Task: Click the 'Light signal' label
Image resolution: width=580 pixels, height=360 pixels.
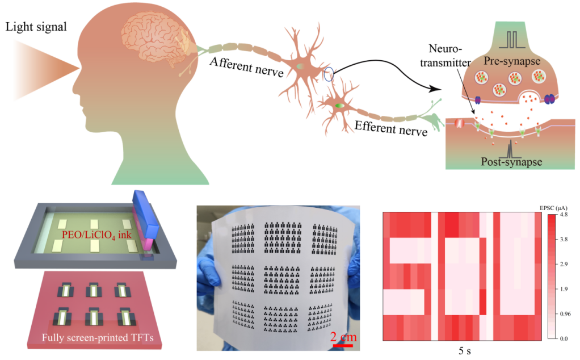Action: (x=36, y=27)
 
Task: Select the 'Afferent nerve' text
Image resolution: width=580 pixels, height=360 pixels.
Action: (x=247, y=67)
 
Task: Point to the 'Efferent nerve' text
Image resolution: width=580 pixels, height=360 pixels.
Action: (x=391, y=128)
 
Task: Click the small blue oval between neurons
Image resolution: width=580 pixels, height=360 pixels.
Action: (x=329, y=74)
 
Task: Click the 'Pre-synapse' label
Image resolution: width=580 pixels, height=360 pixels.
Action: (x=512, y=61)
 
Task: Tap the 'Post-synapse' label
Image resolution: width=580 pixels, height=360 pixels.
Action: (x=511, y=162)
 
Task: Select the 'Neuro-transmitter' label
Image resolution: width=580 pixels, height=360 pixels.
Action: (x=445, y=56)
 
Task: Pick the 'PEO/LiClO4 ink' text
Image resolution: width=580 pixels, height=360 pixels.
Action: (x=96, y=235)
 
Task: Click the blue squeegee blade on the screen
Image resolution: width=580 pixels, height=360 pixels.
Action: (x=146, y=215)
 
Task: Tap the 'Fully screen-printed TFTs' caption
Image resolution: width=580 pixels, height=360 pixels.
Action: (x=98, y=337)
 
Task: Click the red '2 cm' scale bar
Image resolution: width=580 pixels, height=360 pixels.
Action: (x=343, y=346)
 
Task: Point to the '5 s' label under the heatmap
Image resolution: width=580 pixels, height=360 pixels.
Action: (x=465, y=350)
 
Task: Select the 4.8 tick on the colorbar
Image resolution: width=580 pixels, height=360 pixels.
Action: (x=564, y=215)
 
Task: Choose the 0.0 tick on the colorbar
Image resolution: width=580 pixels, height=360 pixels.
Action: (x=564, y=338)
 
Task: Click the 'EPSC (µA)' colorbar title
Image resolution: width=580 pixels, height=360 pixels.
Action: (x=553, y=208)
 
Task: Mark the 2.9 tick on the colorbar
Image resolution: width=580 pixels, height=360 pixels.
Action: (x=564, y=264)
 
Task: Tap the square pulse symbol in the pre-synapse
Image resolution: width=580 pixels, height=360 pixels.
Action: (x=512, y=40)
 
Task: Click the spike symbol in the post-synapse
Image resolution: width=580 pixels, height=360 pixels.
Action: (x=510, y=149)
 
